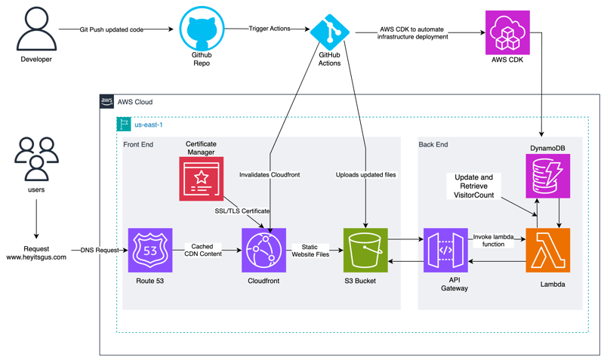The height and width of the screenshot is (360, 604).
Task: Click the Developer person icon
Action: (x=36, y=29)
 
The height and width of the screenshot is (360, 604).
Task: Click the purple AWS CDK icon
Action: (x=507, y=32)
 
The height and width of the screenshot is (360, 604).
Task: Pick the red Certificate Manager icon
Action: (x=201, y=179)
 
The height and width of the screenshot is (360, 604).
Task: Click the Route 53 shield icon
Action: (x=149, y=250)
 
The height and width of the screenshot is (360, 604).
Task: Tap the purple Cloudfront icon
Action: (x=263, y=250)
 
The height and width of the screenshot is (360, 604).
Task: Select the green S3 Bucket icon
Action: (x=365, y=250)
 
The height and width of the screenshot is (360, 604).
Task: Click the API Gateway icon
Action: (x=445, y=250)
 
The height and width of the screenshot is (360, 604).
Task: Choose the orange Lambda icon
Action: (x=547, y=250)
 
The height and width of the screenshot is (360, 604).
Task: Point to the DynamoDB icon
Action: (x=547, y=176)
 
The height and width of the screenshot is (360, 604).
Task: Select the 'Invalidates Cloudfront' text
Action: (x=270, y=174)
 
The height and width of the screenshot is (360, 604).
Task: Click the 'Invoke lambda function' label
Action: (x=494, y=240)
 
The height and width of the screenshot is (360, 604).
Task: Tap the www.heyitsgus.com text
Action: (x=36, y=257)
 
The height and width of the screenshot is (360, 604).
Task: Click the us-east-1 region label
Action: (x=149, y=125)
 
